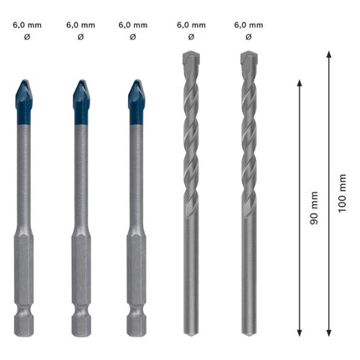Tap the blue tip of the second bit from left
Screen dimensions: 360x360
coord(80,100)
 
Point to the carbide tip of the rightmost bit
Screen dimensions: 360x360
coord(249,60)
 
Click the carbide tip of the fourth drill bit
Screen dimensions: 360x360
coord(191,60)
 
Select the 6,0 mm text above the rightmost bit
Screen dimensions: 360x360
coord(245,25)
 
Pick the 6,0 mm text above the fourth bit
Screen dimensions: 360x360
coord(191,25)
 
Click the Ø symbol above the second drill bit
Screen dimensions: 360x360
coord(80,38)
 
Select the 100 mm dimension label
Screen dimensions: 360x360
coord(342,193)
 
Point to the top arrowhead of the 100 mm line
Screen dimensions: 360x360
coord(328,54)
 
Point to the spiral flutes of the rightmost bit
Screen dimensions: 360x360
coord(249,134)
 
